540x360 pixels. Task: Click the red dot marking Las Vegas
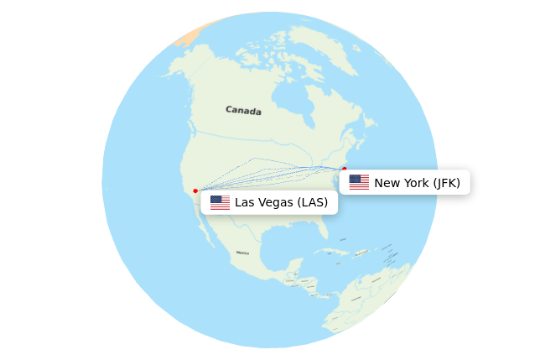(195, 190)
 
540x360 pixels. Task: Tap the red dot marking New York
(344, 169)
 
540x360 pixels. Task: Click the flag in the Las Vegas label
(220, 202)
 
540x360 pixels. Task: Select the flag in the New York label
(359, 182)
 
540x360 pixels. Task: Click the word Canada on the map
(243, 110)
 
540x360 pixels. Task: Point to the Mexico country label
(242, 253)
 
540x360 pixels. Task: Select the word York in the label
(414, 183)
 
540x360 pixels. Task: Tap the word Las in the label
(244, 202)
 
